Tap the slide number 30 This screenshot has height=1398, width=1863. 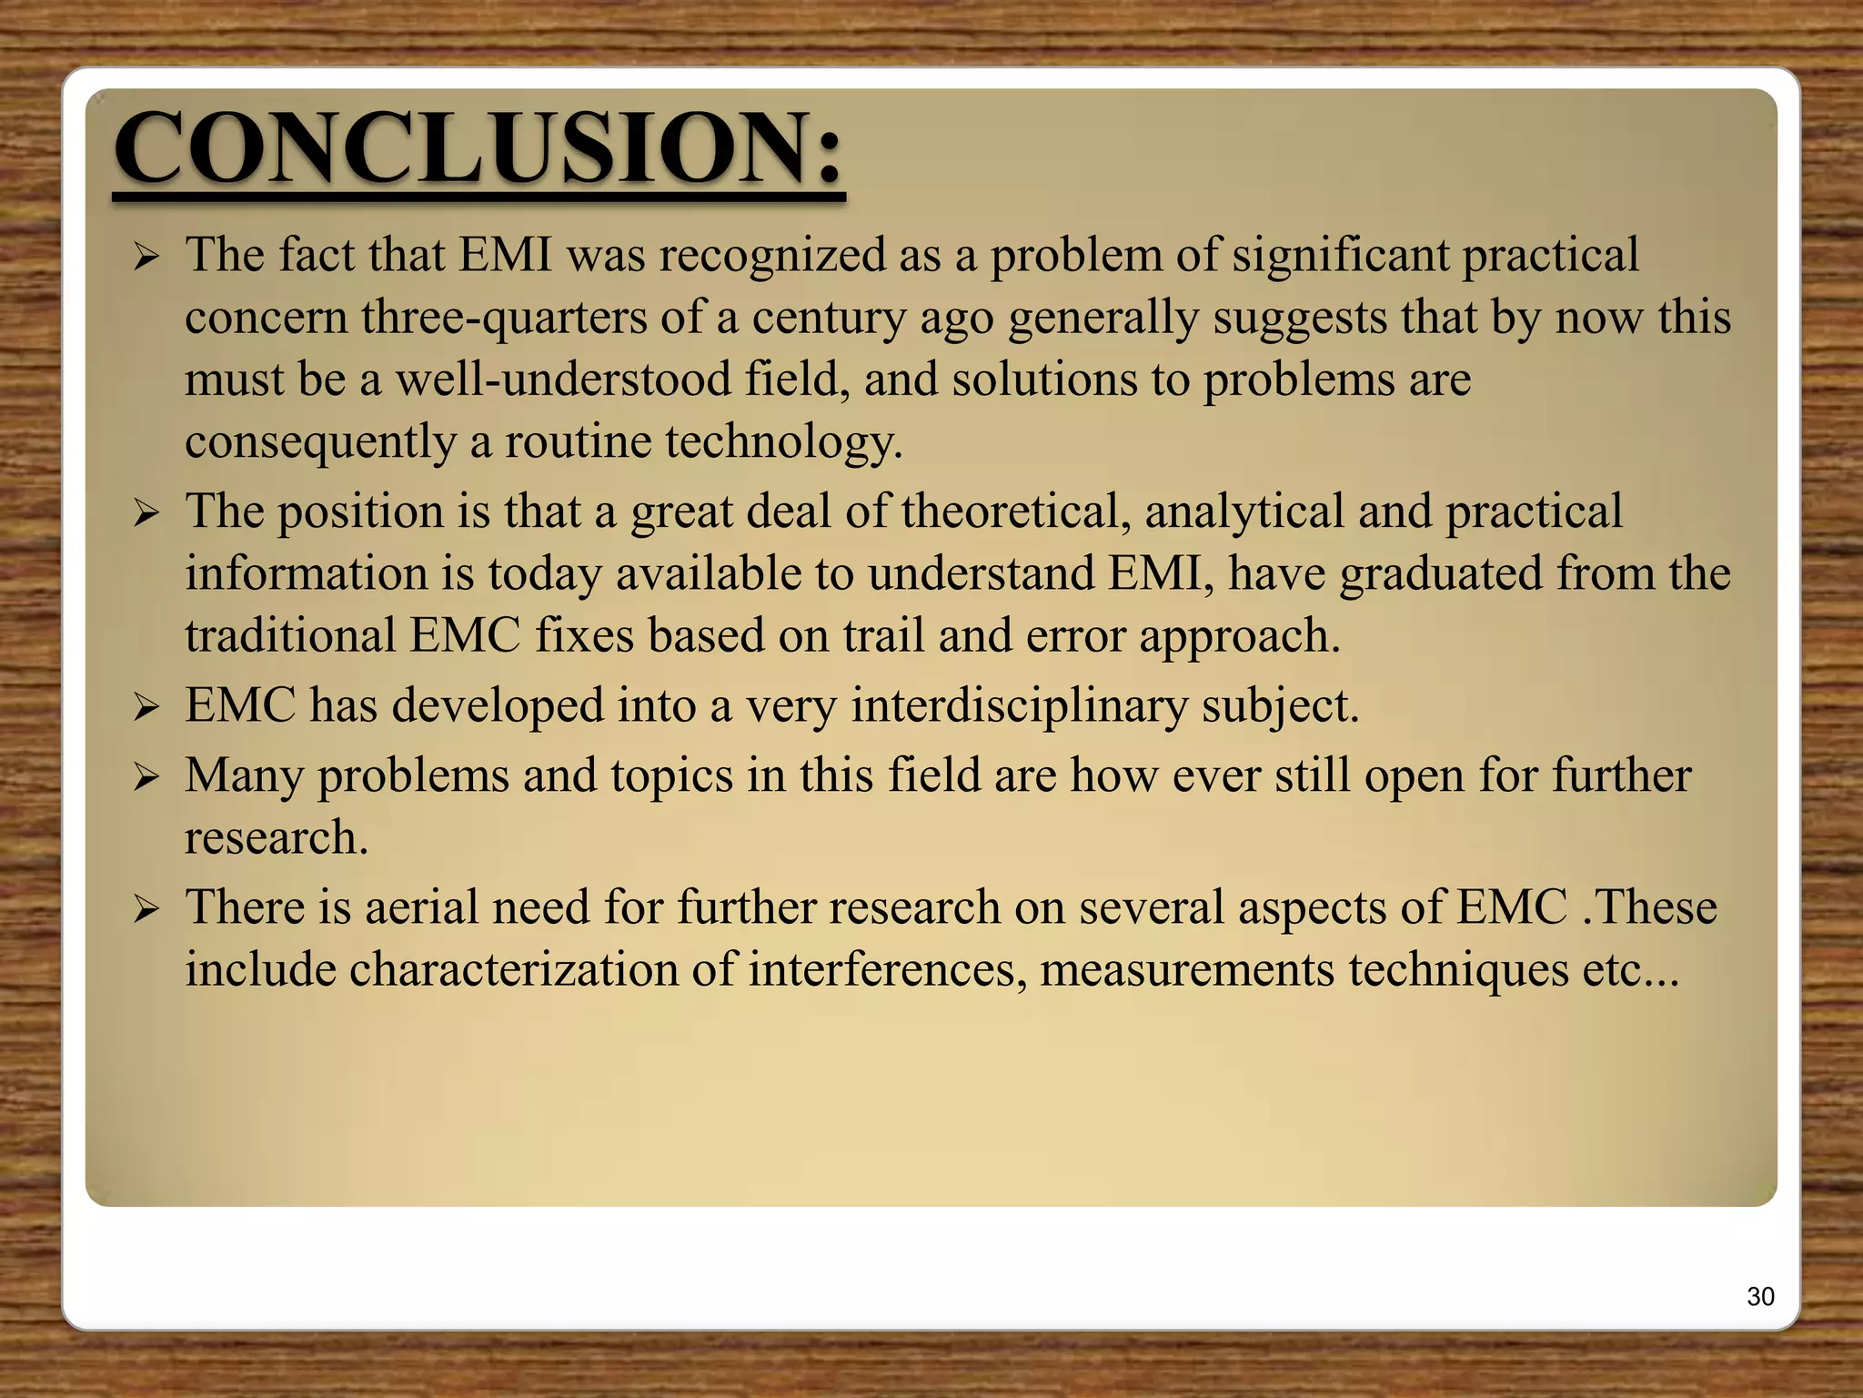click(x=1760, y=1296)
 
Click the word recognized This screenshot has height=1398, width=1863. click(x=772, y=256)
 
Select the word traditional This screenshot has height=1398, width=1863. click(x=290, y=635)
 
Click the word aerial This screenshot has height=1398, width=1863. click(x=421, y=907)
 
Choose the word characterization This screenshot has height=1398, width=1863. click(x=513, y=970)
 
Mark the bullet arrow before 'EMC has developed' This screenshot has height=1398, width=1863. click(x=146, y=707)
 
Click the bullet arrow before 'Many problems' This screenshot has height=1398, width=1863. click(x=146, y=777)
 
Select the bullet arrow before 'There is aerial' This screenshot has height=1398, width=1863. click(x=146, y=908)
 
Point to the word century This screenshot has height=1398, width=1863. click(x=828, y=319)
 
